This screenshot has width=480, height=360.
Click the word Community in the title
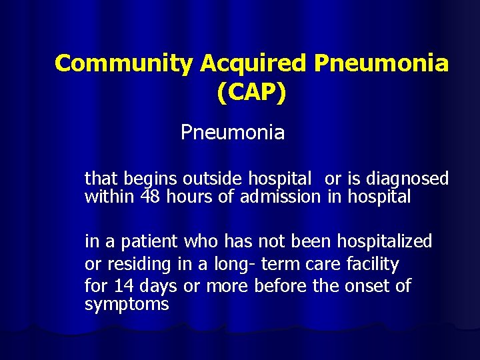point(124,63)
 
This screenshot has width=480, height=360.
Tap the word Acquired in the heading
point(253,63)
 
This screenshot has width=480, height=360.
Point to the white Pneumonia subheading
point(232,133)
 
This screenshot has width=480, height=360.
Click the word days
point(159,287)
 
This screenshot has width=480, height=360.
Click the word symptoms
point(127,305)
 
